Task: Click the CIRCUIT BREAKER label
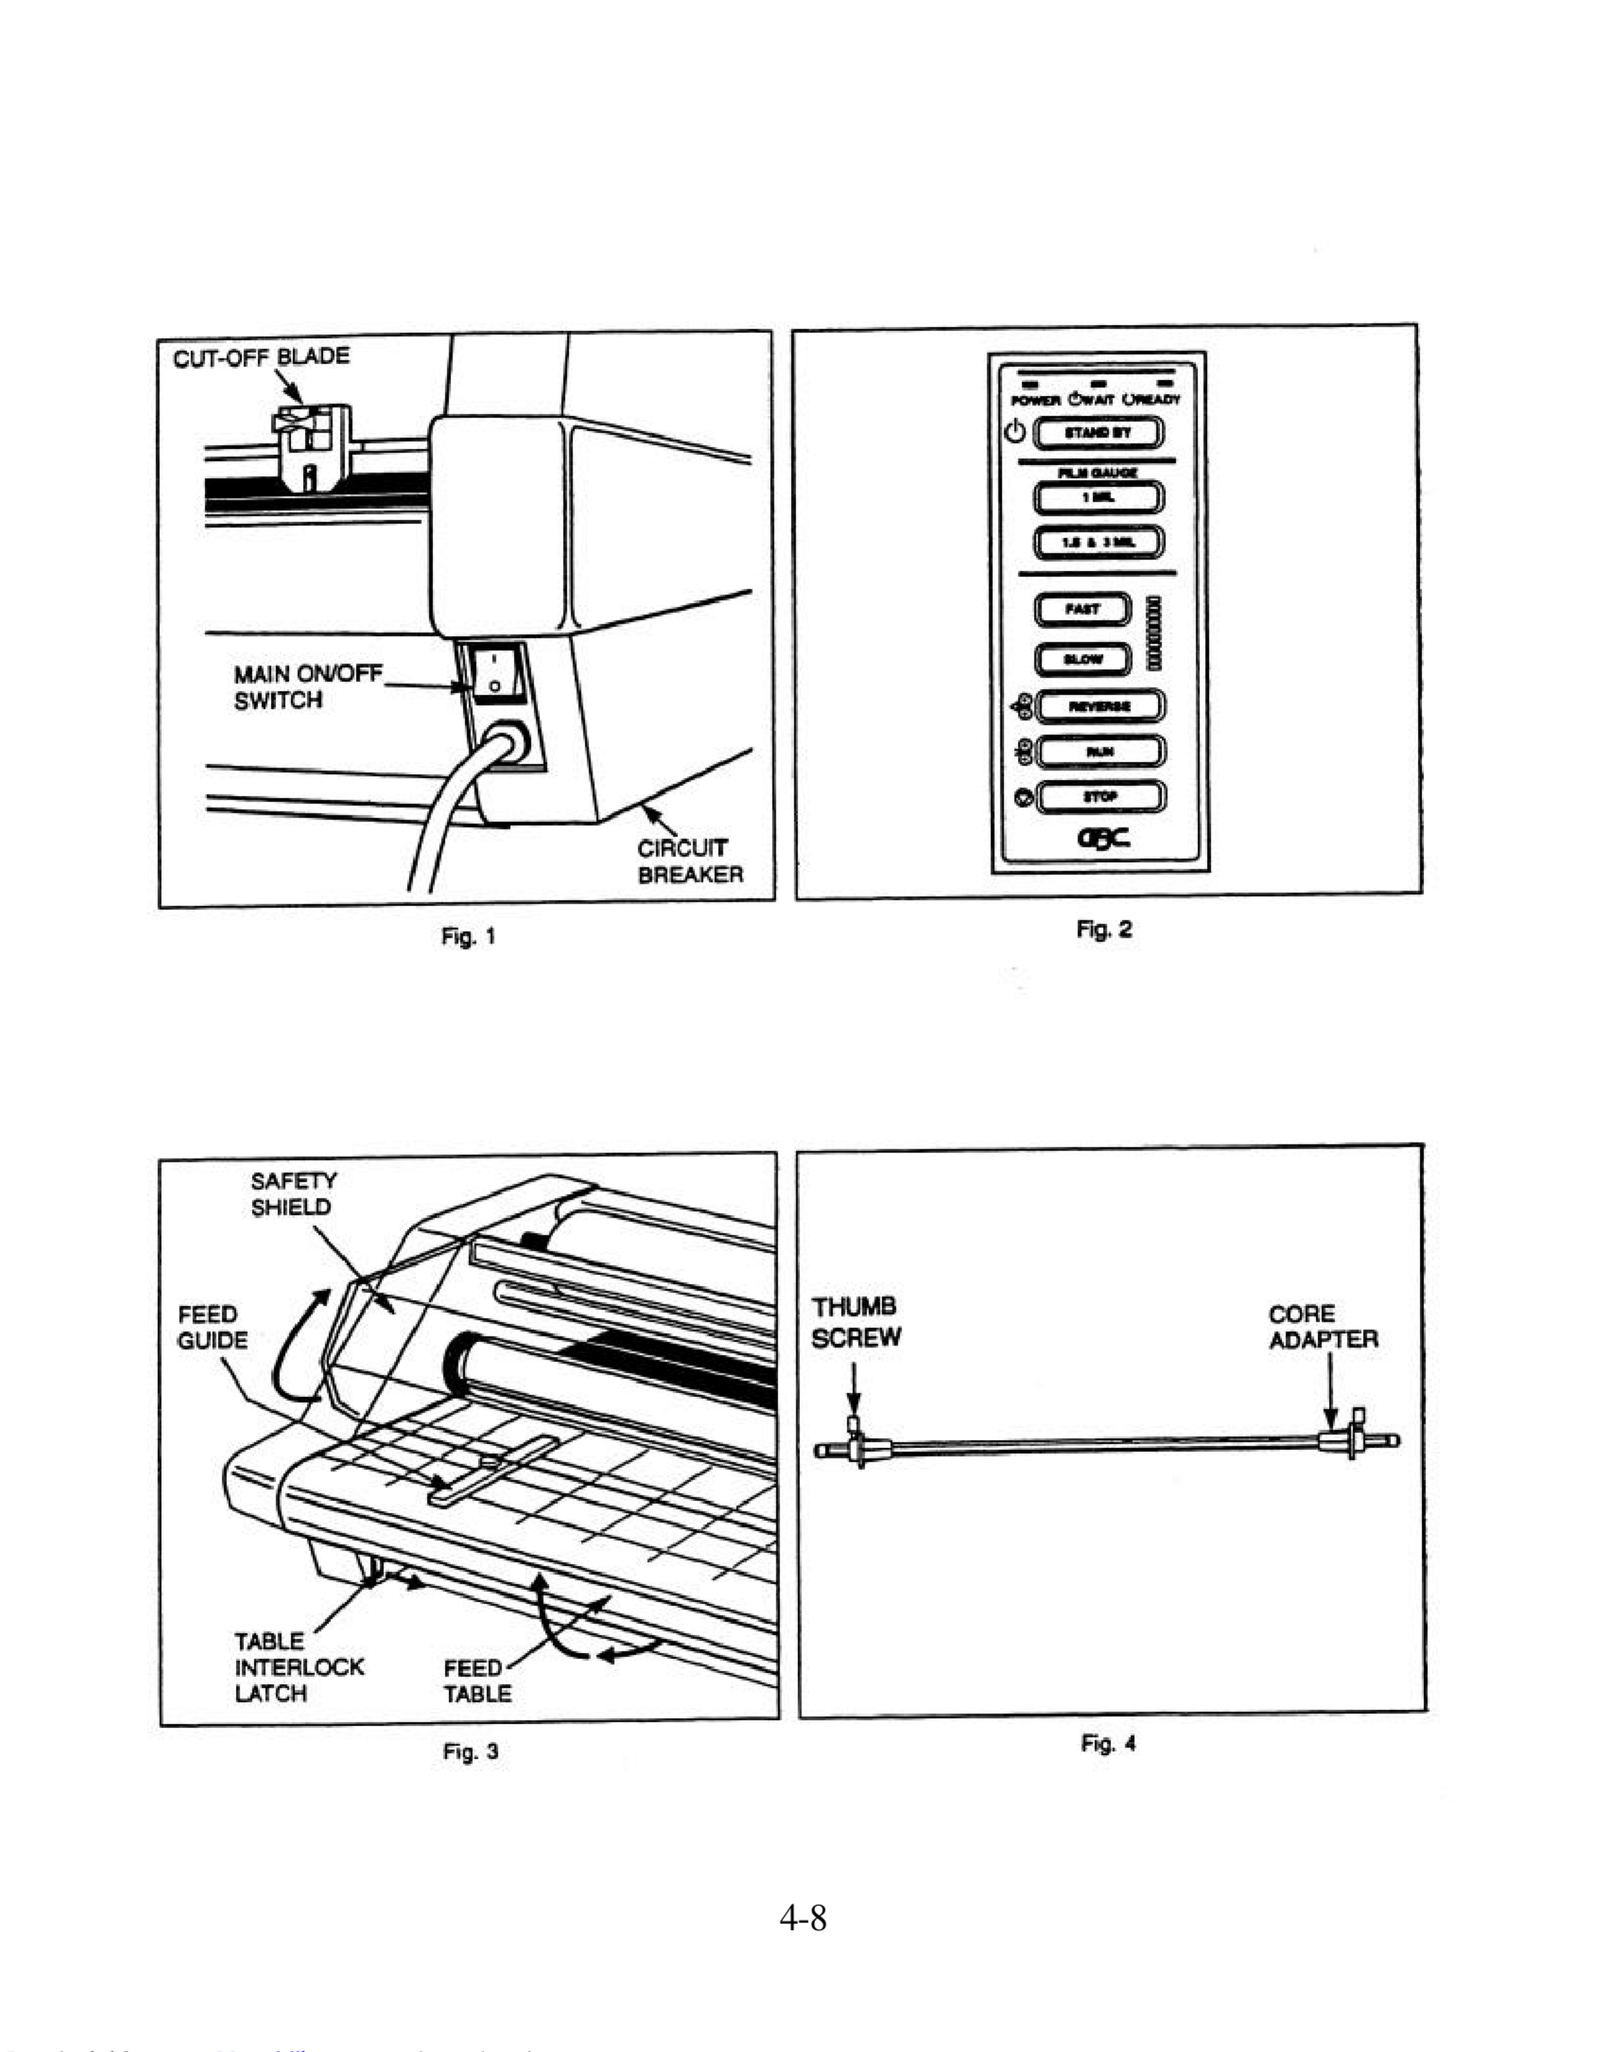690,861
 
